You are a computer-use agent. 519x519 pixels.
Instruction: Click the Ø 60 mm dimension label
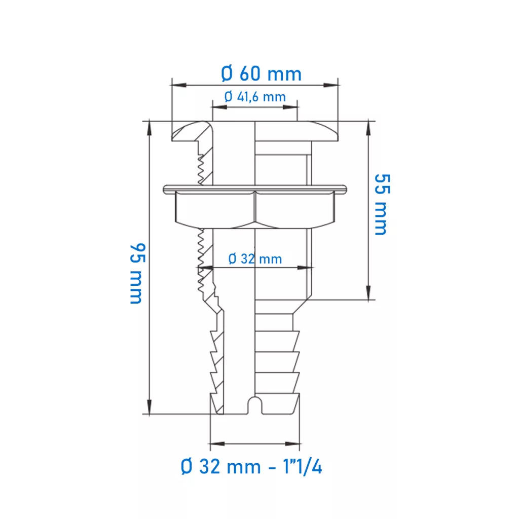(261, 73)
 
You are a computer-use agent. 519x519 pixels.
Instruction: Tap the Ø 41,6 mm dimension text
(255, 97)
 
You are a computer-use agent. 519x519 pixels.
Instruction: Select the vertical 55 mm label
(382, 205)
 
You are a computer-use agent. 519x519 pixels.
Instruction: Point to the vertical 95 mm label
(137, 273)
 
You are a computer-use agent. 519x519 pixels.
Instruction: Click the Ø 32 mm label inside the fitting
(255, 259)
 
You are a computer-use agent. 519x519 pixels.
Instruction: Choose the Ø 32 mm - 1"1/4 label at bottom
(251, 467)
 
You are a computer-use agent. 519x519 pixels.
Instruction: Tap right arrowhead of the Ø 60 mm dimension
(330, 85)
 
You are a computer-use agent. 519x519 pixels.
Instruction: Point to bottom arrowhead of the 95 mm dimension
(150, 407)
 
